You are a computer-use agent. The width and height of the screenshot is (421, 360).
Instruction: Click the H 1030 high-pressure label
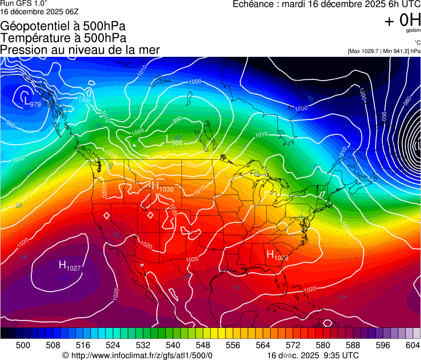pyautogui.click(x=162, y=187)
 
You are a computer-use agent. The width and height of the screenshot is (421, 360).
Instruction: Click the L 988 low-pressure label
pyautogui.click(x=173, y=140)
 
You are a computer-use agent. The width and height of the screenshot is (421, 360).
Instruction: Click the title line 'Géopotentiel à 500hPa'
pyautogui.click(x=63, y=26)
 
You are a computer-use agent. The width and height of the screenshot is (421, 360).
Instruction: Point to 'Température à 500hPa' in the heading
pyautogui.click(x=63, y=38)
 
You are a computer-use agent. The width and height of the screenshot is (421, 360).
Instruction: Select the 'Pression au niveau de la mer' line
pyautogui.click(x=80, y=50)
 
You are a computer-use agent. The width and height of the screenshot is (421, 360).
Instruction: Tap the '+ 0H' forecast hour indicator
pyautogui.click(x=402, y=20)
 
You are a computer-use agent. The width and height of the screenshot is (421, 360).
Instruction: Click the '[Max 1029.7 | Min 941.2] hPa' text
pyautogui.click(x=384, y=51)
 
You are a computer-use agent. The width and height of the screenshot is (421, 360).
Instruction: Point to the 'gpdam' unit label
pyautogui.click(x=413, y=32)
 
